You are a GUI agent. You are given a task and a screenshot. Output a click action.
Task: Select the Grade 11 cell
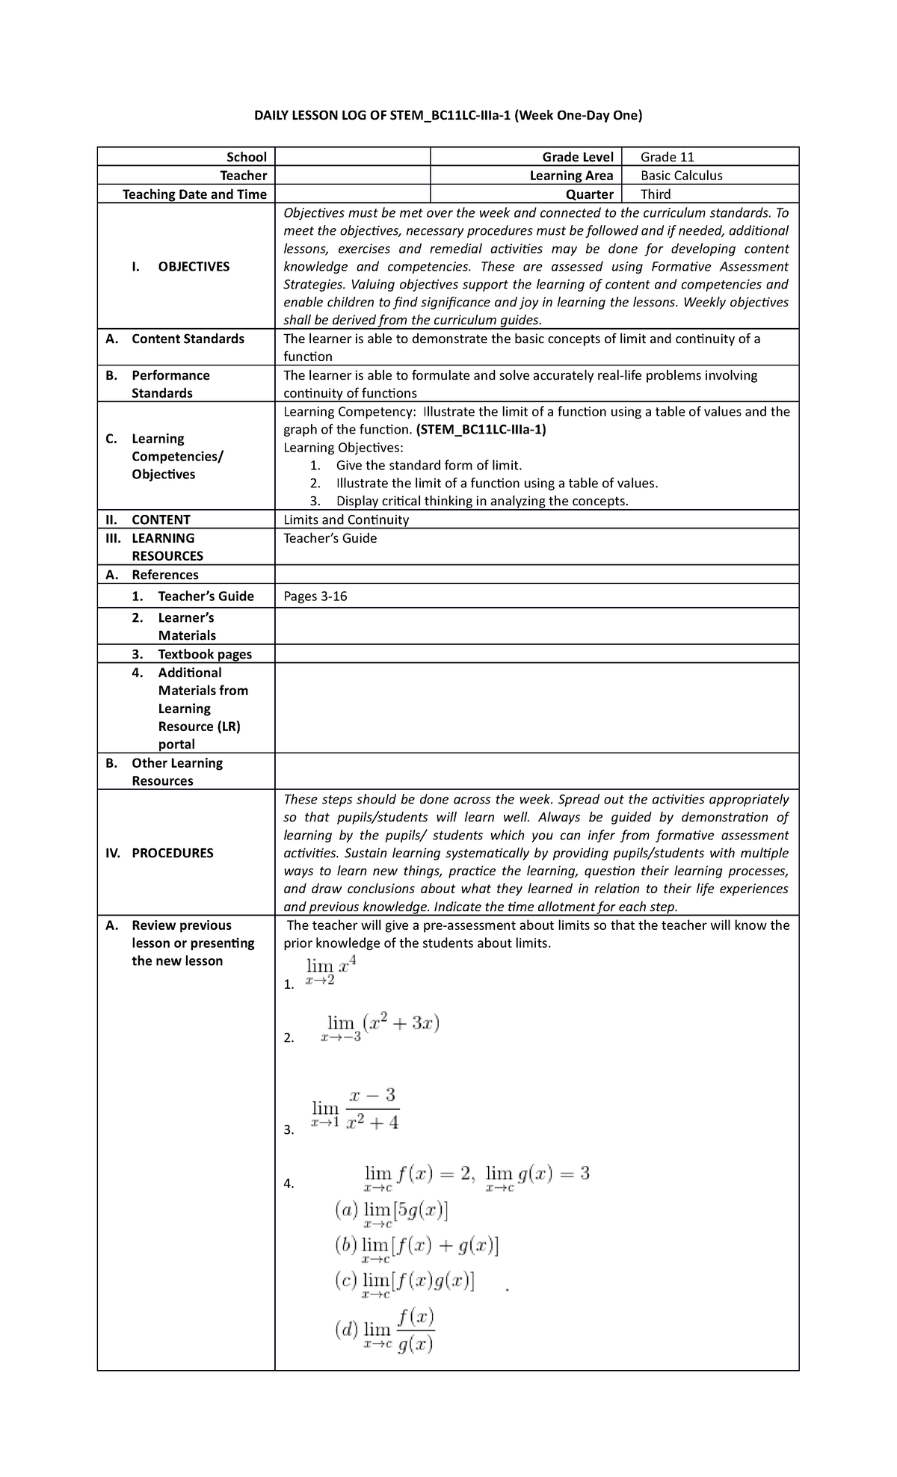pyautogui.click(x=668, y=157)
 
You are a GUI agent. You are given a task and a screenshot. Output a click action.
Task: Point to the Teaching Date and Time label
pyautogui.click(x=194, y=194)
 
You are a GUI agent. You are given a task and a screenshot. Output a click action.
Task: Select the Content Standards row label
pyautogui.click(x=188, y=339)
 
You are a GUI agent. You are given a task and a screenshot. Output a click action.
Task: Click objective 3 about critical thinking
pyautogui.click(x=482, y=501)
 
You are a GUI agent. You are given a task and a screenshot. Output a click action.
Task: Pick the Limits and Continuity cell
pyautogui.click(x=346, y=519)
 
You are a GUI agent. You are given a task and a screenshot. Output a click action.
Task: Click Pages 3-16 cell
pyautogui.click(x=315, y=596)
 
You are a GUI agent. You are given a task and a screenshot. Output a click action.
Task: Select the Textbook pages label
pyautogui.click(x=204, y=654)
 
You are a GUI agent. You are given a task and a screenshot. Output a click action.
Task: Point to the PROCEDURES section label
pyautogui.click(x=172, y=853)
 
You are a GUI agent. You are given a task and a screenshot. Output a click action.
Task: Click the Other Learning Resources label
pyautogui.click(x=177, y=771)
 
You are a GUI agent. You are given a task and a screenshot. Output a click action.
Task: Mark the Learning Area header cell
pyautogui.click(x=571, y=176)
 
